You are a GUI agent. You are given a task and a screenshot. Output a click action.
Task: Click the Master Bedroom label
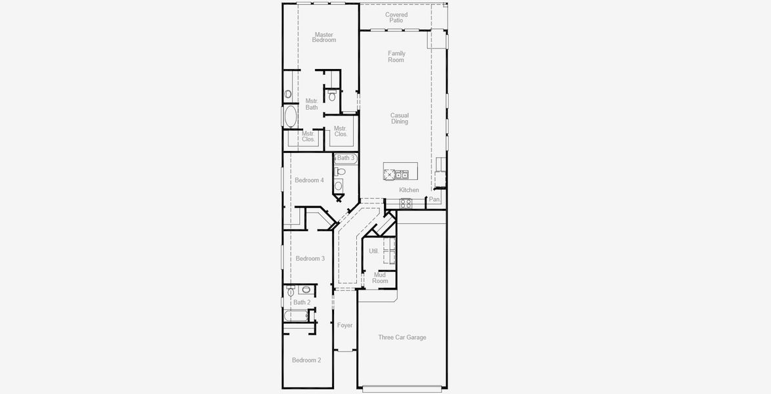tap(323, 37)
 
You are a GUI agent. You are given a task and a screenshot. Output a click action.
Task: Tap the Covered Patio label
tap(396, 18)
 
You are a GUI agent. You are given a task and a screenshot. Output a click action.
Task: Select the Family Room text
tap(396, 56)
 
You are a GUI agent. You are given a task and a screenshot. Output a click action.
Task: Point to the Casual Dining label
tap(400, 118)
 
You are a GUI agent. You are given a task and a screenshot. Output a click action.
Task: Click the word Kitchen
tap(409, 190)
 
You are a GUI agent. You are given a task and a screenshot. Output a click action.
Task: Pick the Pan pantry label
tap(434, 199)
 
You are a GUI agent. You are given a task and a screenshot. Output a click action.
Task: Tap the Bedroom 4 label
tap(309, 180)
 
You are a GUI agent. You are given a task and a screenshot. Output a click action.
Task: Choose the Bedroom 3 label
tap(310, 259)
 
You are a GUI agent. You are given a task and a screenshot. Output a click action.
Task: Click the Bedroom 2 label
tap(306, 360)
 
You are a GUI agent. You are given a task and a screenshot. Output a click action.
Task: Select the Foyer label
tap(345, 325)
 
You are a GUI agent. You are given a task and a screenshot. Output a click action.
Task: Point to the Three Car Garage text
tap(402, 338)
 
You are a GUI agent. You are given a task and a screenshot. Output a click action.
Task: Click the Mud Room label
tap(380, 278)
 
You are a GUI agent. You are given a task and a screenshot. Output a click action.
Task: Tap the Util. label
tap(373, 251)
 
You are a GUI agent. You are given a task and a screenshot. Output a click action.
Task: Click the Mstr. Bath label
tap(312, 104)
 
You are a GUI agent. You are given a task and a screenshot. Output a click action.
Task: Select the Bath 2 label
tap(302, 303)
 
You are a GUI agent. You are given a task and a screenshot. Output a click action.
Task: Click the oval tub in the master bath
tap(289, 117)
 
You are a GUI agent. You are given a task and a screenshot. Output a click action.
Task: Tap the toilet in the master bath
tap(332, 96)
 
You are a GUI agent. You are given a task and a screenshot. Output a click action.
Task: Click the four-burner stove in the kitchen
tap(406, 204)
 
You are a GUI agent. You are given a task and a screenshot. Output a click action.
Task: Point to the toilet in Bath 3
tap(340, 171)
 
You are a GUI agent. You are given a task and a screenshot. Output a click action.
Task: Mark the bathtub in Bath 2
tap(296, 316)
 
